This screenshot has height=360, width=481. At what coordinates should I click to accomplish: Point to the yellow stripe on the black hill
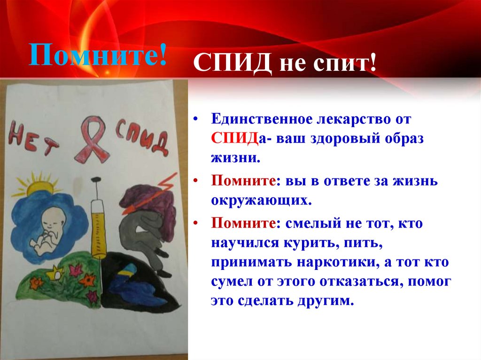point(128,273)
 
